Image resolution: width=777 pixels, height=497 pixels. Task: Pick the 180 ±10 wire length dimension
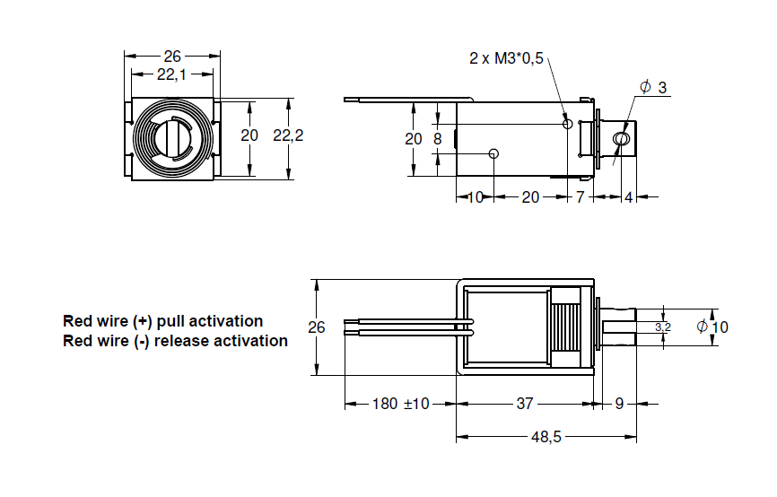401,404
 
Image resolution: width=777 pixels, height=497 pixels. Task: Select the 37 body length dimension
525,404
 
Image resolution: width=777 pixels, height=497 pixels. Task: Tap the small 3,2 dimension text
662,327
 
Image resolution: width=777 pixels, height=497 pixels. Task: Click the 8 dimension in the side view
437,139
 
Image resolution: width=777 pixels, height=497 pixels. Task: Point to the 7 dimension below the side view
580,196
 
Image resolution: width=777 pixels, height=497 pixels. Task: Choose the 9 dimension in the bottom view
618,404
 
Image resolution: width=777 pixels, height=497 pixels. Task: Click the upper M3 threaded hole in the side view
567,123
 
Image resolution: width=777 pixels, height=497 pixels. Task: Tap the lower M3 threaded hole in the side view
493,153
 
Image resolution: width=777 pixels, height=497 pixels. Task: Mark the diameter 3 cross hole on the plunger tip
620,139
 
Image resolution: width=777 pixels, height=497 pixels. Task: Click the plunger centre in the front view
172,139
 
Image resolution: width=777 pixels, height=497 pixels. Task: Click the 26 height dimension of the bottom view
317,327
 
